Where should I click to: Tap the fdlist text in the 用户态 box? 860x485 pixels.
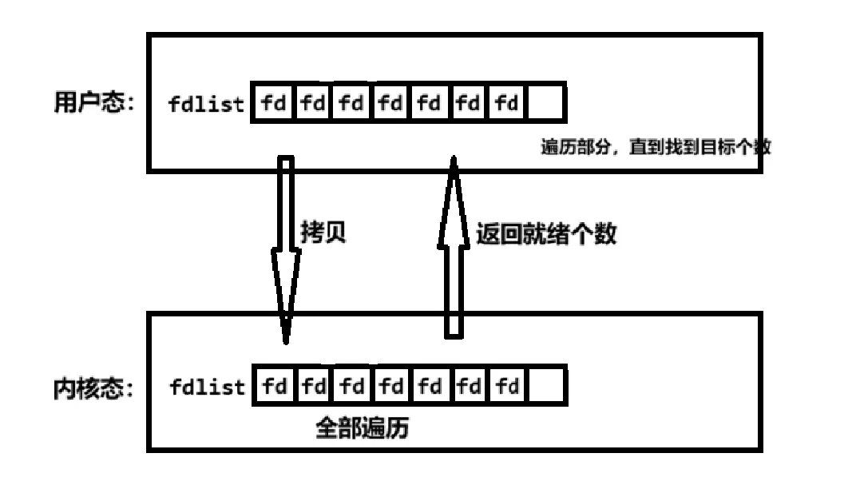point(207,104)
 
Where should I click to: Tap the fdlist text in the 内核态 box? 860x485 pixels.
point(207,388)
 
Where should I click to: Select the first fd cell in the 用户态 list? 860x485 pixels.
point(274,103)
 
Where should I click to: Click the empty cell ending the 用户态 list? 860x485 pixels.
point(546,103)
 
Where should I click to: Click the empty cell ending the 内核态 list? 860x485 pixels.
point(546,388)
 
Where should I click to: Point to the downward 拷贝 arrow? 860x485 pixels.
point(285,248)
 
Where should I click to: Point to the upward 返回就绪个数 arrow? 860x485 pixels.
point(454,248)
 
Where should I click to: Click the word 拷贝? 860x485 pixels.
point(323,233)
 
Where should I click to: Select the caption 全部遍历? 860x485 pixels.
point(362,428)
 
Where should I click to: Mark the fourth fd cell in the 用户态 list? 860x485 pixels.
point(390,103)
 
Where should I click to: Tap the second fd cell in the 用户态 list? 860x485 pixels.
point(313,103)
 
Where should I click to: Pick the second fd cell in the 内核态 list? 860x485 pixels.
point(314,388)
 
